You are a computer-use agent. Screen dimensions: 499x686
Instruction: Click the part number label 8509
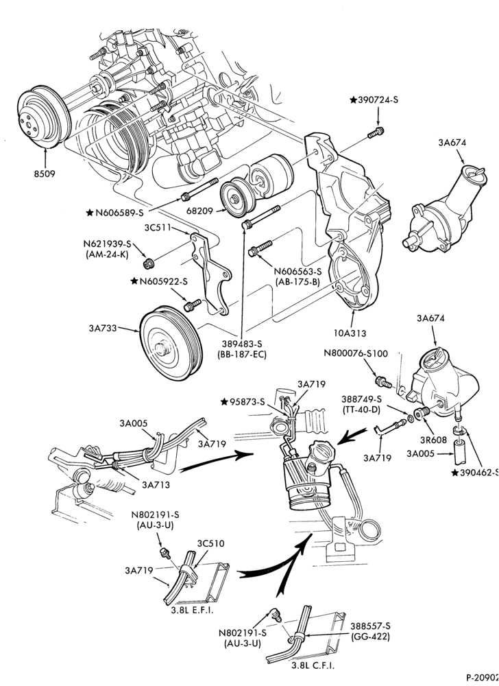pyautogui.click(x=45, y=174)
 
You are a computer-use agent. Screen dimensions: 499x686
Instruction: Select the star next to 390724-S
pyautogui.click(x=353, y=99)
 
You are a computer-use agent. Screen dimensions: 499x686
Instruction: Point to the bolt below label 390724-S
pyautogui.click(x=376, y=132)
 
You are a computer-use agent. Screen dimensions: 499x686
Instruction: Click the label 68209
pyautogui.click(x=200, y=211)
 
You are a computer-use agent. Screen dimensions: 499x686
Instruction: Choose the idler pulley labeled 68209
pyautogui.click(x=236, y=198)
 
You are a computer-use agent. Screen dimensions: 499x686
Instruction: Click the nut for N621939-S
pyautogui.click(x=148, y=263)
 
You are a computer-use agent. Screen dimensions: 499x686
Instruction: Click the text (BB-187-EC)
pyautogui.click(x=242, y=355)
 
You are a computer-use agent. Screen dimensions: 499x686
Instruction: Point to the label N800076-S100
pyautogui.click(x=356, y=353)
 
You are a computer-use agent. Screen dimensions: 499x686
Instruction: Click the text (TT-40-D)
pyautogui.click(x=361, y=410)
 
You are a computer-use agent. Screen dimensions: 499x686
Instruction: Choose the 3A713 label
pyautogui.click(x=155, y=484)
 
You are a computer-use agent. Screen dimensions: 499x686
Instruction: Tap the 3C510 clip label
pyautogui.click(x=210, y=543)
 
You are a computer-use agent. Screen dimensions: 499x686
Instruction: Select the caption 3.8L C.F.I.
pyautogui.click(x=313, y=665)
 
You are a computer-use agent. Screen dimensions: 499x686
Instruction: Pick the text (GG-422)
pyautogui.click(x=370, y=637)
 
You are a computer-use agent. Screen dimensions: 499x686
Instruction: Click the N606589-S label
pyautogui.click(x=119, y=213)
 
